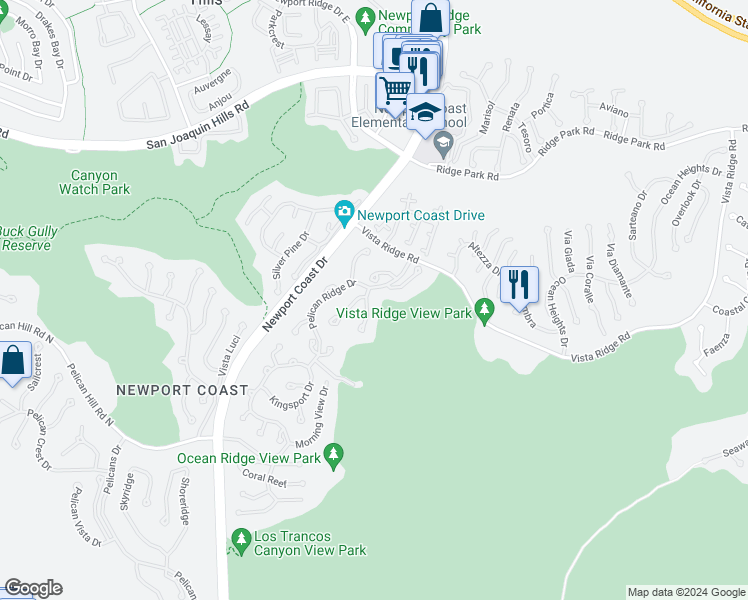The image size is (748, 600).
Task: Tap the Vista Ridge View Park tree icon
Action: (486, 312)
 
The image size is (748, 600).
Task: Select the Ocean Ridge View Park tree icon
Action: (333, 455)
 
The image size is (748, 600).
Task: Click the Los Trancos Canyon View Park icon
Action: (240, 540)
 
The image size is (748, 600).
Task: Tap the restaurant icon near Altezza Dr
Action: (519, 284)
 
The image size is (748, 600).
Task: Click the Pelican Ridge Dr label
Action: (333, 304)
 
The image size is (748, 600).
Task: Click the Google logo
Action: (33, 588)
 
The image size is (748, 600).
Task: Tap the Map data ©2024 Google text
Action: (686, 592)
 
